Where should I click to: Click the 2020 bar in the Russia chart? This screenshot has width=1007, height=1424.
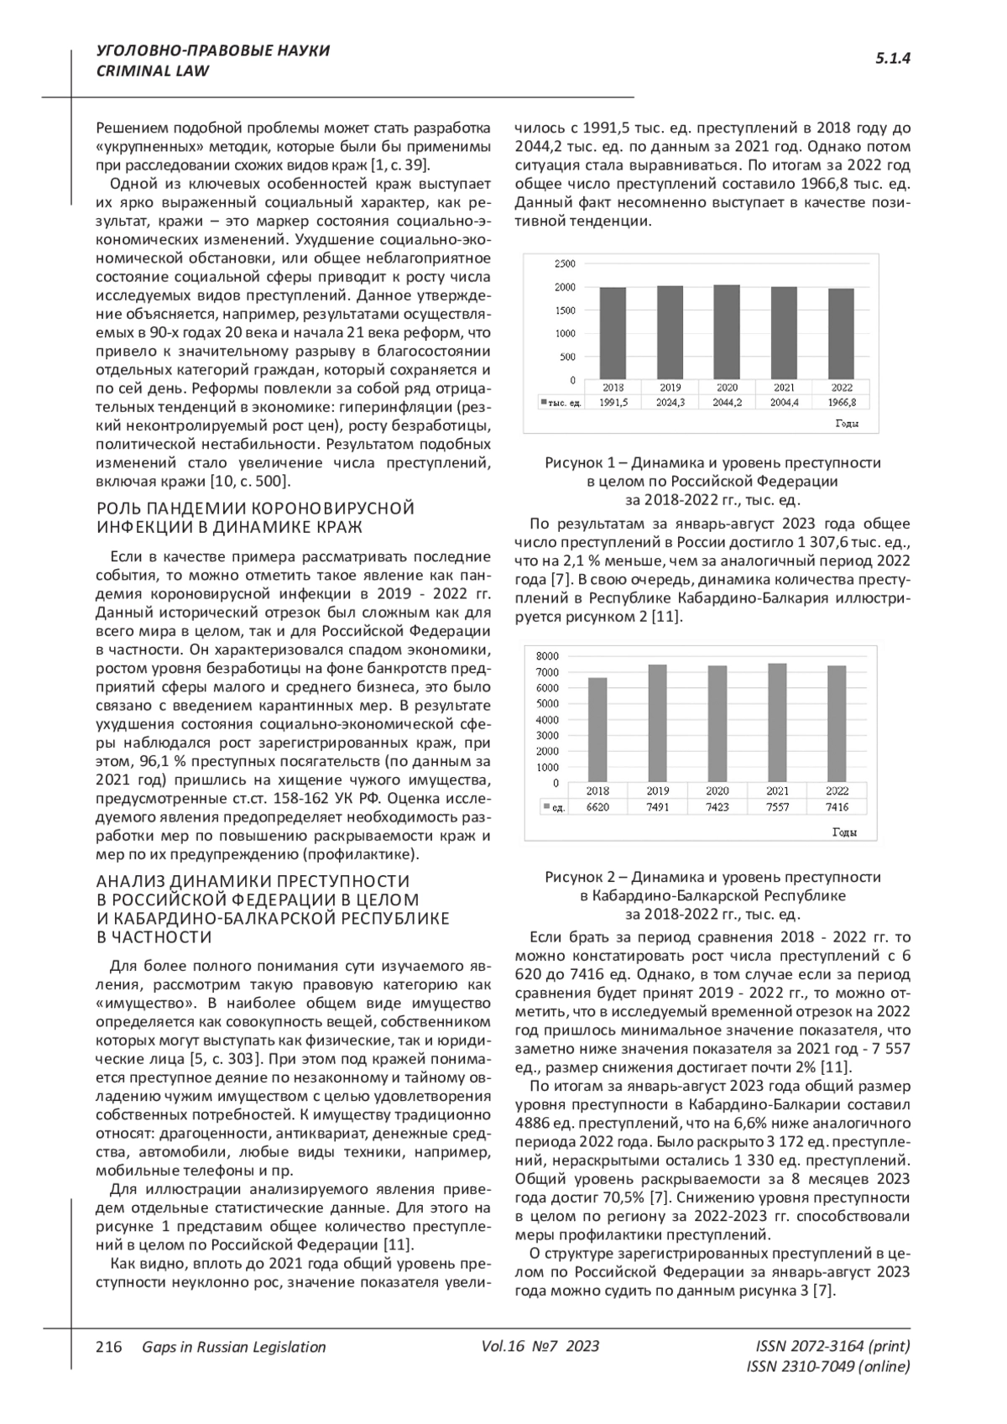(x=727, y=332)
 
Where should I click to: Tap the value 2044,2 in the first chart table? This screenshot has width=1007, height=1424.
(x=727, y=403)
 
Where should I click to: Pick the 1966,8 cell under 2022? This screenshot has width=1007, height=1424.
(x=842, y=403)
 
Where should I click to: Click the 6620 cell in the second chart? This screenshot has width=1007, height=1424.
(x=597, y=807)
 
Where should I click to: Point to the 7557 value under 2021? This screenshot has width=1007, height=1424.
(x=777, y=807)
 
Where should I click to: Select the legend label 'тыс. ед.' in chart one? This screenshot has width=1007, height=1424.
(x=564, y=403)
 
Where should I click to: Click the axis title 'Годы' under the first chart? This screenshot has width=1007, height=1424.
(x=847, y=424)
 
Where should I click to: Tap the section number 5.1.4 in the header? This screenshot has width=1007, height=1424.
(x=893, y=59)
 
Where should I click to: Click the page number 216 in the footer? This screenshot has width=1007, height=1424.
(x=109, y=1347)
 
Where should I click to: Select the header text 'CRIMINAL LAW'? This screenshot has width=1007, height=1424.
(x=153, y=71)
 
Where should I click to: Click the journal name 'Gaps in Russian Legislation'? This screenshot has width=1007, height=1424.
(x=234, y=1347)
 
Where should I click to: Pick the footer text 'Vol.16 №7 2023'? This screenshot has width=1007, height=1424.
(x=540, y=1347)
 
